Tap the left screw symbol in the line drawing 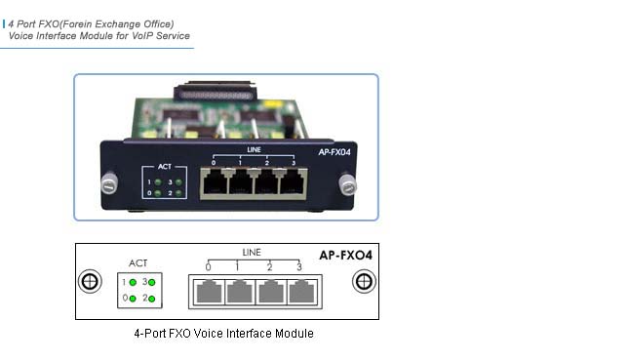(89, 282)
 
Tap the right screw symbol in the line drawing (365, 282)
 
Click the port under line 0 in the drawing (208, 290)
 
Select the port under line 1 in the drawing (239, 290)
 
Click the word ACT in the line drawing (138, 263)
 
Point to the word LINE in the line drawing (252, 253)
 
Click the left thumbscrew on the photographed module (109, 182)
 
